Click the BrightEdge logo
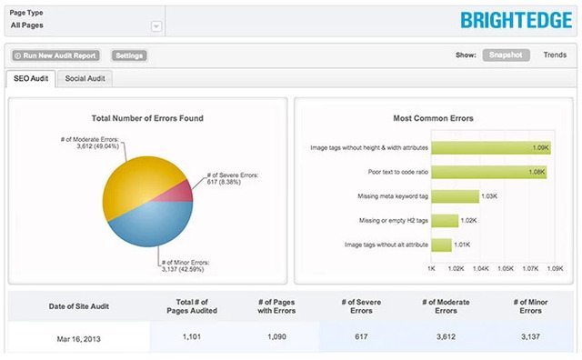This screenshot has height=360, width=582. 516,19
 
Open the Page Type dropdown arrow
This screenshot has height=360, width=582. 156,26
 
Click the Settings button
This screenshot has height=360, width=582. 130,55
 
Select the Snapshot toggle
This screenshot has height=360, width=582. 506,55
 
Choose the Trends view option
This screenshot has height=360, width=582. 555,55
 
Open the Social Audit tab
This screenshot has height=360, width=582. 85,78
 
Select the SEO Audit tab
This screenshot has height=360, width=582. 31,78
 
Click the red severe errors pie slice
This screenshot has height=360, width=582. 181,190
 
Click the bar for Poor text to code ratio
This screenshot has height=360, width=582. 488,172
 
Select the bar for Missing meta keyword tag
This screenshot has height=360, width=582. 455,195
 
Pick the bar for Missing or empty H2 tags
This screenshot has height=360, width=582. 443,220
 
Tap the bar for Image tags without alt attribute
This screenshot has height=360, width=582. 441,245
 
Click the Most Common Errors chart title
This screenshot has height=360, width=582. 432,118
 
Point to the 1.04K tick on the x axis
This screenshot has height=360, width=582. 481,269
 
